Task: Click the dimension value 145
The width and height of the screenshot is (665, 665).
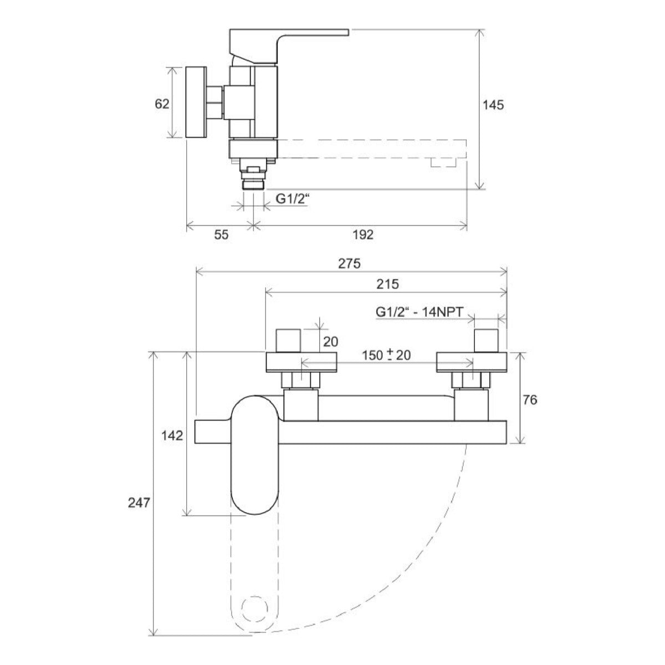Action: pyautogui.click(x=493, y=105)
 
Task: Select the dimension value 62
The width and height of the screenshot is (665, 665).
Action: pyautogui.click(x=162, y=103)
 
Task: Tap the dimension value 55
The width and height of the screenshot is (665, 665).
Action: pyautogui.click(x=221, y=235)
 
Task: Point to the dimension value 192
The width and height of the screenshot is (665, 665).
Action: pyautogui.click(x=363, y=235)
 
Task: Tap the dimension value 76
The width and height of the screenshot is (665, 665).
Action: pyautogui.click(x=530, y=400)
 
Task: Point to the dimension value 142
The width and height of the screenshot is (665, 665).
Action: pyautogui.click(x=172, y=436)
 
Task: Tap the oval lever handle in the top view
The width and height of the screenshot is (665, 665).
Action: pyautogui.click(x=255, y=454)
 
